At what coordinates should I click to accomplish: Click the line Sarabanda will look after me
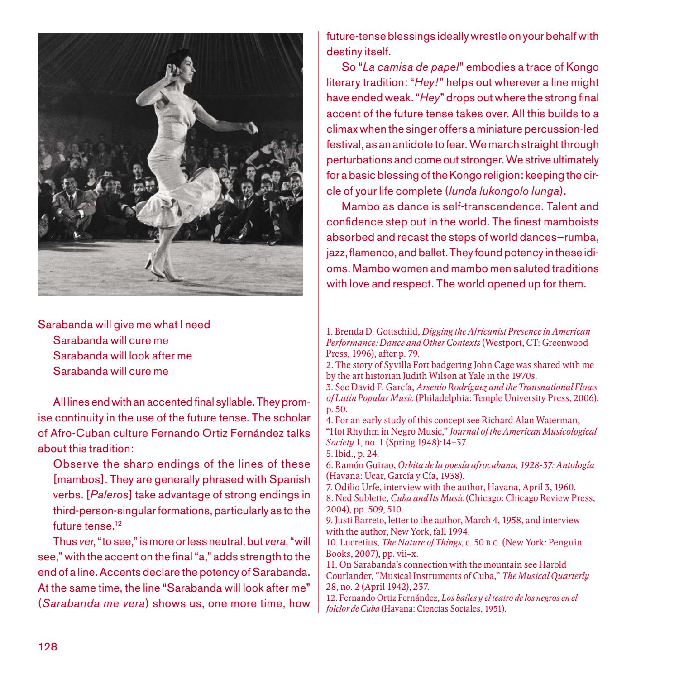[x=122, y=356]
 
